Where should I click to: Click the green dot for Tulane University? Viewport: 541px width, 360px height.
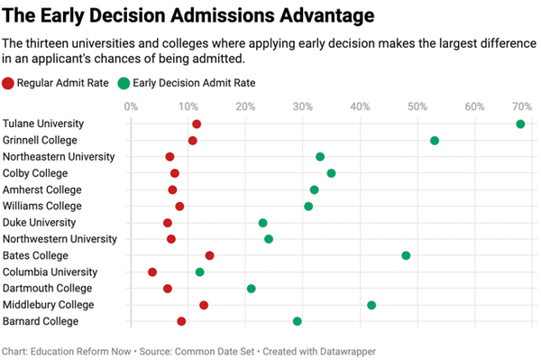point(520,124)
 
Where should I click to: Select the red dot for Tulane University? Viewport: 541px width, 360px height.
point(197,124)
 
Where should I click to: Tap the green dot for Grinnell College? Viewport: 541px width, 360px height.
point(435,141)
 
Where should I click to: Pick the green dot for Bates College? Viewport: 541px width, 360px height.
point(406,255)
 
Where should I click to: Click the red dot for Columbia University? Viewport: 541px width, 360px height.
point(152,272)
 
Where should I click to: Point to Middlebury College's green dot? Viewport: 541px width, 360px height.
point(371,305)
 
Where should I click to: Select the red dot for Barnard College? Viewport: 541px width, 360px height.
point(181,321)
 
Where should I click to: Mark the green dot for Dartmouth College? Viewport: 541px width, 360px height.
point(252,289)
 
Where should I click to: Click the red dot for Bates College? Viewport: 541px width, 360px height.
point(209,255)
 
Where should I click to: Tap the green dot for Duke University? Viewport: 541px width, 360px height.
point(262,223)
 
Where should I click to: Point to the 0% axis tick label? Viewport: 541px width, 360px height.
point(132,106)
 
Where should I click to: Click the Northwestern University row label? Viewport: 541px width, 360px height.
point(60,239)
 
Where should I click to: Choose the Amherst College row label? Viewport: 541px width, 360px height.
point(42,189)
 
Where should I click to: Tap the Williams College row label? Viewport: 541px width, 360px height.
point(42,206)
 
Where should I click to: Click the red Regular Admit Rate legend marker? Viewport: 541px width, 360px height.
point(8,83)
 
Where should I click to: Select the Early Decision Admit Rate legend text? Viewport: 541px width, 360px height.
point(194,83)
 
